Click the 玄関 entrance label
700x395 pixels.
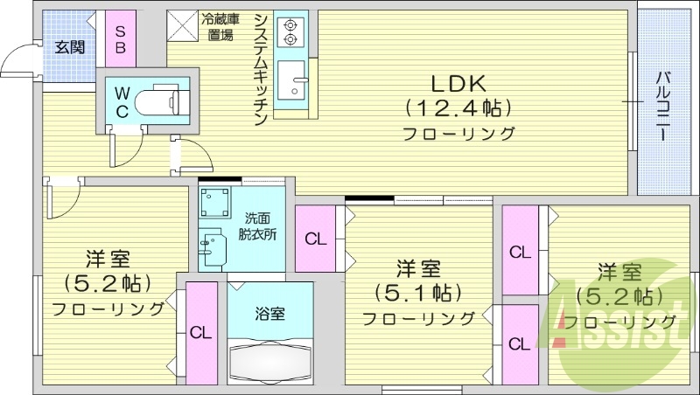pos(69,47)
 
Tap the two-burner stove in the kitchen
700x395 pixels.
pos(288,32)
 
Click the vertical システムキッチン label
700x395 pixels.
pos(261,70)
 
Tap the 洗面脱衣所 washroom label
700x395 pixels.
pos(260,226)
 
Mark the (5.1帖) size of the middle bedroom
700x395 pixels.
pos(417,290)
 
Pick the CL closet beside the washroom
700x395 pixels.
pos(315,239)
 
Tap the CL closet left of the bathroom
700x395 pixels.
pos(201,332)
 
